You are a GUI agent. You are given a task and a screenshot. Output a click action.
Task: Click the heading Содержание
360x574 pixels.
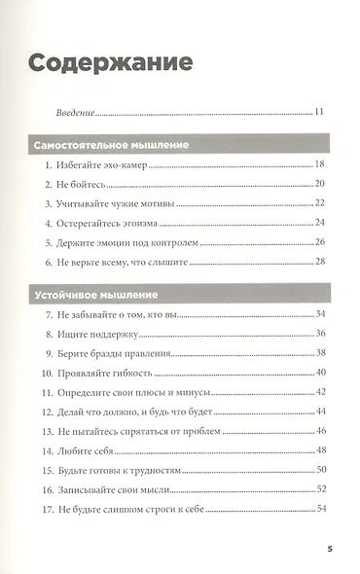(109, 62)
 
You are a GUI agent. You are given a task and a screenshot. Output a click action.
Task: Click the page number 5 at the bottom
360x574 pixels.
(330, 552)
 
